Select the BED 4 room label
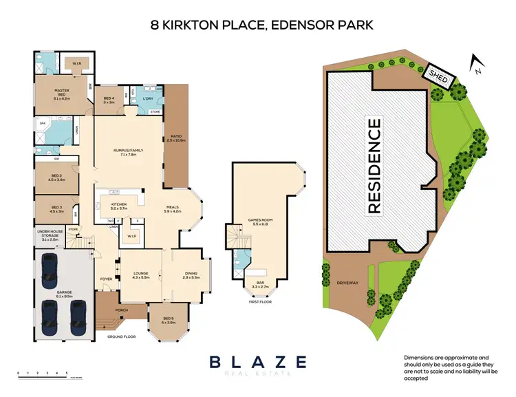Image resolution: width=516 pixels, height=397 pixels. pos(109,100)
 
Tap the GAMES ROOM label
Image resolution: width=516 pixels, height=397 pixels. pos(261,222)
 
